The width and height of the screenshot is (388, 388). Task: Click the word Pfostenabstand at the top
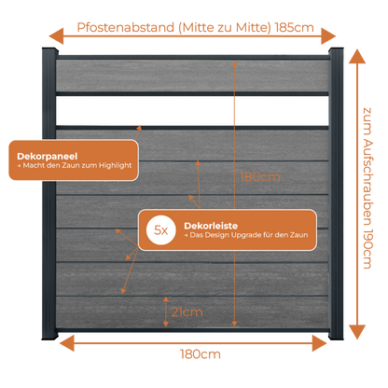point(126,27)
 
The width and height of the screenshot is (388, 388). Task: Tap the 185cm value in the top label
point(295,28)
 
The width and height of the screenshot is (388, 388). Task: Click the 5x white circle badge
point(161,230)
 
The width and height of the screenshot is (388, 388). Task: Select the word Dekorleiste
point(211,226)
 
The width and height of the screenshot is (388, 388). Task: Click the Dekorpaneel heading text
point(48,157)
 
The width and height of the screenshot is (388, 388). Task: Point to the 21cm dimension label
point(187,312)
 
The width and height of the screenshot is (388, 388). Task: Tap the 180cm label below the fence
point(201,354)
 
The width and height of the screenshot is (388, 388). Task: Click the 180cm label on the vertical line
point(260,177)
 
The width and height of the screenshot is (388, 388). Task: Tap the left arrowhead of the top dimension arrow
point(56,36)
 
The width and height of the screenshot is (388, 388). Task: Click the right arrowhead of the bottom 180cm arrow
point(319,343)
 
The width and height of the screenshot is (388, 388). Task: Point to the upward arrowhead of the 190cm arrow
point(357,56)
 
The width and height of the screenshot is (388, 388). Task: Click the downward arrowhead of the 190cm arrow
point(357,332)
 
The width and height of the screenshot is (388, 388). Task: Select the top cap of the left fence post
point(49,51)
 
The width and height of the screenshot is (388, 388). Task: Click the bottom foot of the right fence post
point(336,335)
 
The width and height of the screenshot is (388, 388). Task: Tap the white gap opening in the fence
point(192,111)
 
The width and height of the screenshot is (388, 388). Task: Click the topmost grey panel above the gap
point(192,76)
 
